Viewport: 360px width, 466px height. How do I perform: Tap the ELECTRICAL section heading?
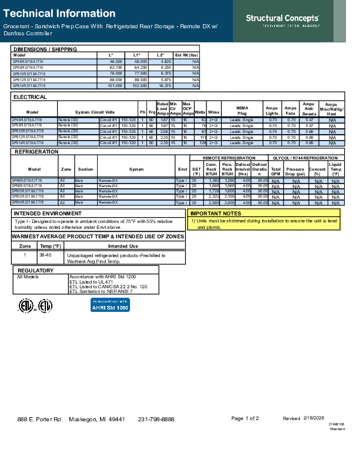click(31, 97)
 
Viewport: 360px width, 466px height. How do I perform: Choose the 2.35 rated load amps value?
click(164, 142)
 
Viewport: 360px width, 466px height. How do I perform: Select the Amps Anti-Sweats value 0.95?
click(309, 142)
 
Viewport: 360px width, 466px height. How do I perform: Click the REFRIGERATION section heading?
click(35, 152)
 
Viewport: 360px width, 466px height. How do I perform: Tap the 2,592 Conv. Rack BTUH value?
click(213, 202)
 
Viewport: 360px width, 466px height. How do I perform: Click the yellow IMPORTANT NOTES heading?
click(215, 214)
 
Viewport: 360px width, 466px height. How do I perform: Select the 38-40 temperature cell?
click(46, 255)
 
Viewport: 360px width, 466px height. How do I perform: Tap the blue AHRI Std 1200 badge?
click(110, 305)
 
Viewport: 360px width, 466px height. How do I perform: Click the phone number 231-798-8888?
click(156, 420)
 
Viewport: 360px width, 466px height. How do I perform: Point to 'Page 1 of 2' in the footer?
click(245, 419)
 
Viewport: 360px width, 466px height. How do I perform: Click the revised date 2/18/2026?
click(314, 418)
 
